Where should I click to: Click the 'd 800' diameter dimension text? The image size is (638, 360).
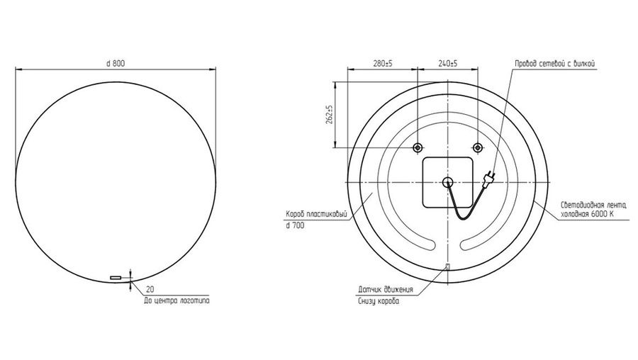tap(116, 64)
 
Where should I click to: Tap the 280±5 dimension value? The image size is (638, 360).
tap(383, 64)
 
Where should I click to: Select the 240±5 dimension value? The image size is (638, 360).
tap(447, 64)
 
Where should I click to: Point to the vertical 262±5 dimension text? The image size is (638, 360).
tap(330, 115)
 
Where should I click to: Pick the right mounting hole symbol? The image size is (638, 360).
tap(477, 147)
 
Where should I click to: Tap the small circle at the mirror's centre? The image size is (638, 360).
tap(447, 182)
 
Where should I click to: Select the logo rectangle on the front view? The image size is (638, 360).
tap(116, 278)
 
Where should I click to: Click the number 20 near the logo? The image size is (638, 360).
tap(150, 290)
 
